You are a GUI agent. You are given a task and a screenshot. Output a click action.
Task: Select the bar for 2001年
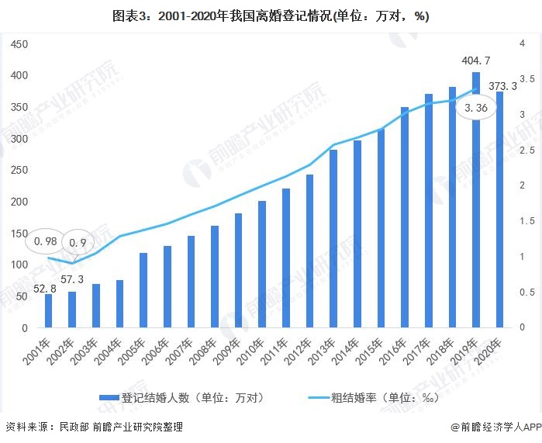[49, 310]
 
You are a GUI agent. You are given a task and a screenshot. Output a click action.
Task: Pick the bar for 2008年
[215, 277]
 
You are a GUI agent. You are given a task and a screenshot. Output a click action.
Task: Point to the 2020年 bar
[500, 209]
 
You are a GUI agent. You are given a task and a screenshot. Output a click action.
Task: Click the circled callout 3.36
[471, 109]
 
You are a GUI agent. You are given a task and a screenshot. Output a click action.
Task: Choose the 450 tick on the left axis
[19, 44]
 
